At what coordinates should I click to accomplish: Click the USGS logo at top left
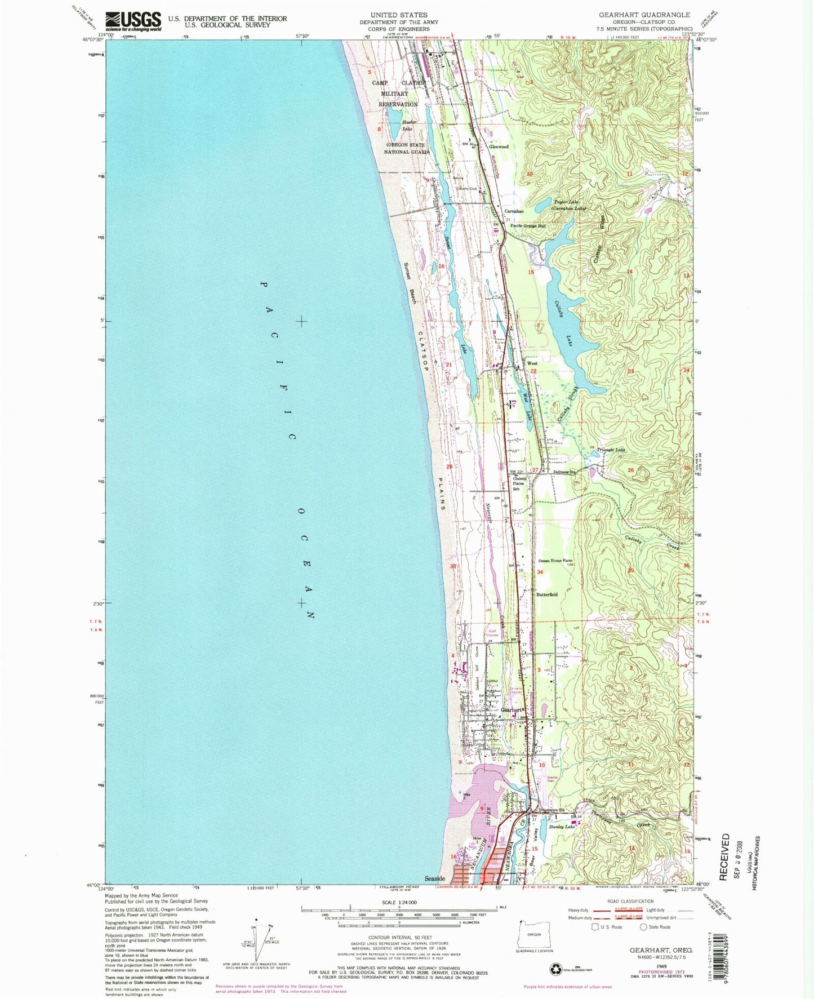tap(133, 21)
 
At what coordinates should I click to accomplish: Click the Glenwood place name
tap(499, 146)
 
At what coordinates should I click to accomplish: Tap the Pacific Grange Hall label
tap(528, 226)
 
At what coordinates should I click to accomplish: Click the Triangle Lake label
tap(611, 450)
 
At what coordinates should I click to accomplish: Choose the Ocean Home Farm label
tap(555, 561)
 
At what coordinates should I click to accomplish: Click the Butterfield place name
tap(546, 594)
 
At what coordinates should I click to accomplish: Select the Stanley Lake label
tap(562, 827)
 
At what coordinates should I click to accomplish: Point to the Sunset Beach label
tap(410, 283)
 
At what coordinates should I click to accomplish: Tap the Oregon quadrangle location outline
tap(533, 934)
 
